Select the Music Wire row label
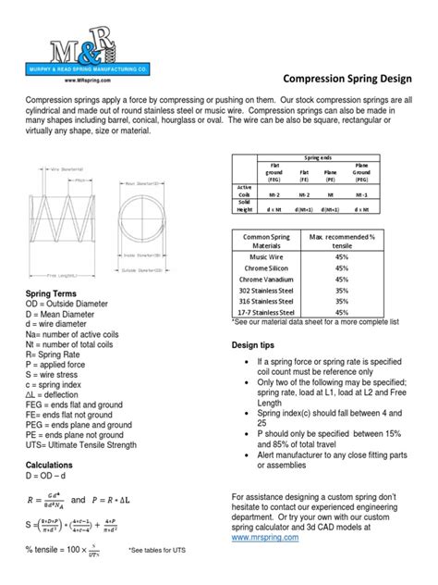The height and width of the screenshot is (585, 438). click(266, 255)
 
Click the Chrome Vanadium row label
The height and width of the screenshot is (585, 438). click(266, 278)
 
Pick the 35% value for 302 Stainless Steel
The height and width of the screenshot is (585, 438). click(342, 289)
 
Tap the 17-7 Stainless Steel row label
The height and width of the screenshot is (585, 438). click(266, 312)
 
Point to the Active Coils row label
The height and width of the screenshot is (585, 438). click(244, 192)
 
